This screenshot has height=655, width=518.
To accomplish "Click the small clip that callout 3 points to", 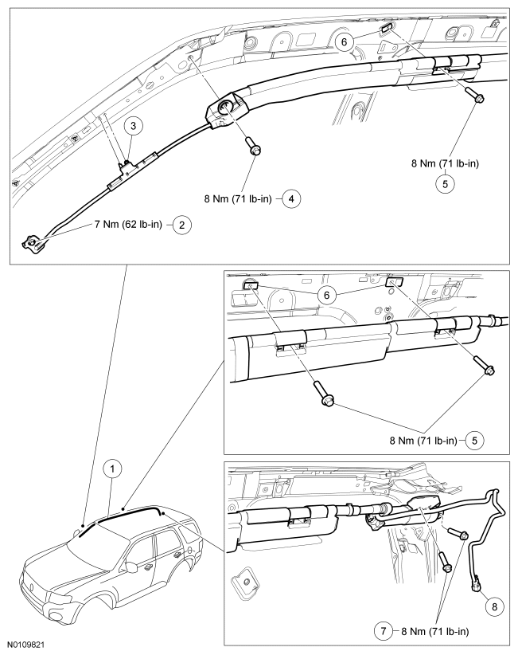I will coord(125,166).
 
